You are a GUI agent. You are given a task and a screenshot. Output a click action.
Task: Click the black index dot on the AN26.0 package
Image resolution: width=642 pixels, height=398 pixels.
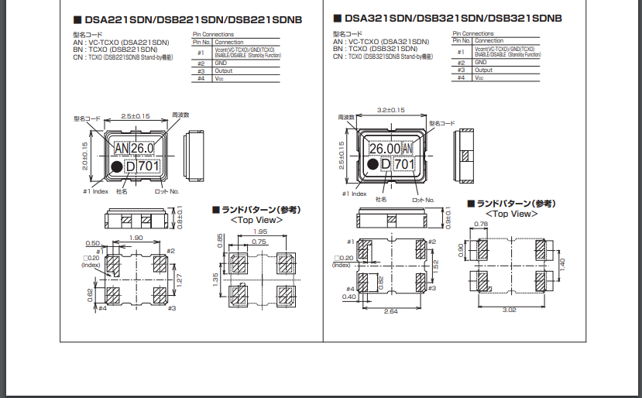click(116, 166)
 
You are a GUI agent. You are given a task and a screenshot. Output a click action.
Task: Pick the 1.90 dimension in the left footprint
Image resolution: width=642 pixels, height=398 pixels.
click(136, 238)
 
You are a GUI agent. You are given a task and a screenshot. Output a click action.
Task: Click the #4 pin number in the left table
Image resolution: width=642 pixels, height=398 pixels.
click(201, 77)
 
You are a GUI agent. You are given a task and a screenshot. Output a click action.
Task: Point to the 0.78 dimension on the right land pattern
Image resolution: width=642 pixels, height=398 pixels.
click(480, 225)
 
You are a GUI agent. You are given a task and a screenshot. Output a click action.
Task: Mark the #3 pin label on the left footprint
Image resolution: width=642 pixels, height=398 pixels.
click(171, 308)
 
